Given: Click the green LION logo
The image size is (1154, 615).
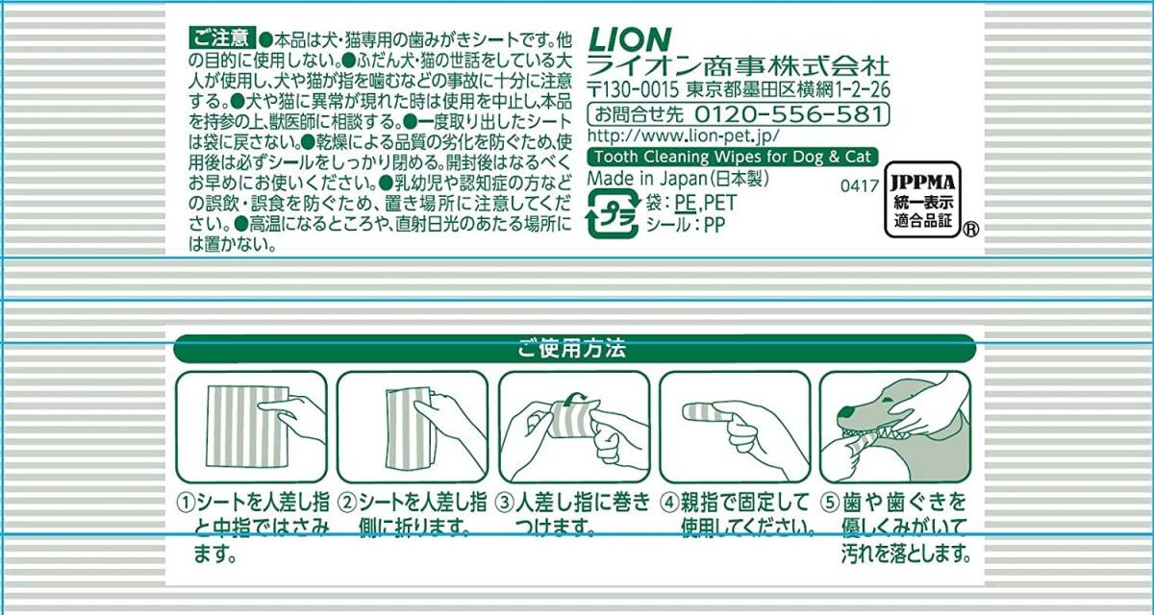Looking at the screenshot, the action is click(x=630, y=40).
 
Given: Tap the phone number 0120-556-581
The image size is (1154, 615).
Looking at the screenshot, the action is click(x=789, y=114).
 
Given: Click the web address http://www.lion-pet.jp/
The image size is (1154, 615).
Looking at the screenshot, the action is click(x=683, y=135).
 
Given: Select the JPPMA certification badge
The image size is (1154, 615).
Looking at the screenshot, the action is click(x=922, y=200).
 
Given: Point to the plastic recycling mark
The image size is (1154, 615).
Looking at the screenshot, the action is click(x=613, y=213).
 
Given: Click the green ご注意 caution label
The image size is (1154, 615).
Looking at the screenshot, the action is click(x=222, y=38).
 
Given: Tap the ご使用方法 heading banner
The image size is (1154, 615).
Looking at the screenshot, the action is click(x=574, y=349).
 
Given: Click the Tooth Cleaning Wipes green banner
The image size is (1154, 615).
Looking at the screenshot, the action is click(x=733, y=157).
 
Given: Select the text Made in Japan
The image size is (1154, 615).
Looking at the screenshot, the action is click(x=646, y=179).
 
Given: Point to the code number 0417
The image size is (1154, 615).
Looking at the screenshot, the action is click(x=860, y=185).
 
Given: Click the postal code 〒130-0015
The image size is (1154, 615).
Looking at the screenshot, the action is click(x=633, y=90).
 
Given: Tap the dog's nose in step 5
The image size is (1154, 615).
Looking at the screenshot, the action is click(x=845, y=411).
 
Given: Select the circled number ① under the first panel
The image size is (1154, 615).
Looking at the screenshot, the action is click(x=186, y=503).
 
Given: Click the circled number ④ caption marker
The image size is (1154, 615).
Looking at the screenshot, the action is click(x=669, y=503).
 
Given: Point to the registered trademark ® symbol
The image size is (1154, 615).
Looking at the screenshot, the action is click(x=970, y=229).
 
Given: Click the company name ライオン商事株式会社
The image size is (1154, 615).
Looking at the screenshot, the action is click(x=739, y=67).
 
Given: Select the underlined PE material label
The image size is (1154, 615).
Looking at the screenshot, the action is click(x=685, y=202).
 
